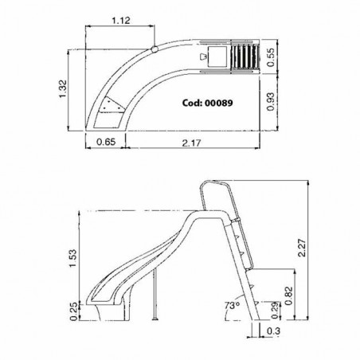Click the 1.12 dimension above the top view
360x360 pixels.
121,21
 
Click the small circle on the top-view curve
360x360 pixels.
155,51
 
